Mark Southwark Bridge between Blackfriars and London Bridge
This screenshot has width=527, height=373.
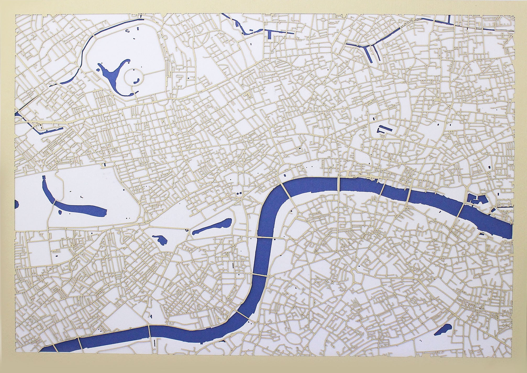[x=383, y=190]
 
